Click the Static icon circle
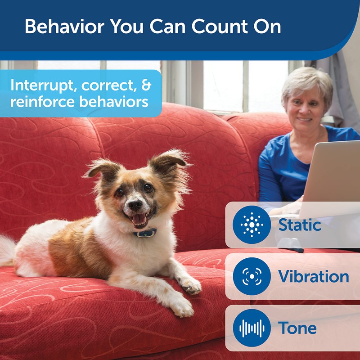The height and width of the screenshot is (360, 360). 252,225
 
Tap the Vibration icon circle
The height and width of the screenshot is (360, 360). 252,276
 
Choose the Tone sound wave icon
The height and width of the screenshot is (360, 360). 252,328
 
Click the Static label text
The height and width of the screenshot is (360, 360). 300,225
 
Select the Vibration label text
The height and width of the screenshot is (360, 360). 314,276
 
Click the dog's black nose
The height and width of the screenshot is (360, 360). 135,205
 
